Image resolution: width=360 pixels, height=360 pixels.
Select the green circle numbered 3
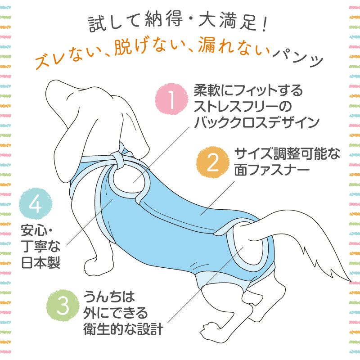[x=63, y=306]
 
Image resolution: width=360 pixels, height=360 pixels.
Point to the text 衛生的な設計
[x=123, y=328]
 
